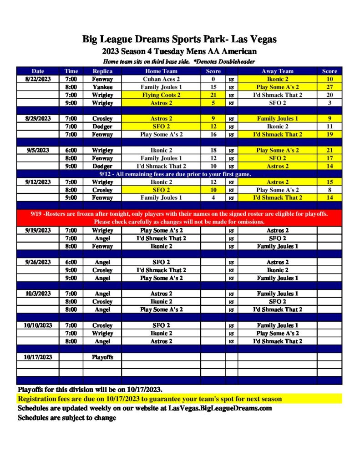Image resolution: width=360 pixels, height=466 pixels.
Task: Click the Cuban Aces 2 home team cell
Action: [161, 79]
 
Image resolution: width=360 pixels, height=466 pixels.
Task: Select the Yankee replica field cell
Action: [102, 87]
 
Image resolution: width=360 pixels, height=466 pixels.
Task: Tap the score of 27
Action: [330, 87]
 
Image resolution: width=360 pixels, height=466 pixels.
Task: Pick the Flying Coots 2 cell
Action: [161, 95]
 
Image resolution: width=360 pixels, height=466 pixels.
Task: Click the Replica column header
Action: [102, 71]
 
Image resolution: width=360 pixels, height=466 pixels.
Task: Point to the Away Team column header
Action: [278, 71]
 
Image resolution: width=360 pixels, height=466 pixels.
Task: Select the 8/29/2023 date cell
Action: [38, 119]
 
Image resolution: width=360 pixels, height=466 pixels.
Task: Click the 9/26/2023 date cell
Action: [38, 262]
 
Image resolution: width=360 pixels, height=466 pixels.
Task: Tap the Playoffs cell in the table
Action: [102, 357]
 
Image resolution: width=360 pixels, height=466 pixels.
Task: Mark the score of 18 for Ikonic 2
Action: [213, 150]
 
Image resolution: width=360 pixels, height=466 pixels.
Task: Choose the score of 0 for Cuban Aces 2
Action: [213, 79]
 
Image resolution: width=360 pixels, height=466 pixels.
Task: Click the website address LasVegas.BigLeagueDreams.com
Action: [220, 408]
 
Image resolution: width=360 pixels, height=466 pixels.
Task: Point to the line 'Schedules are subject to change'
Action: [67, 418]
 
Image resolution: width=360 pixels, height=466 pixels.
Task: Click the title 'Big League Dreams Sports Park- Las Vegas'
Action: [179, 39]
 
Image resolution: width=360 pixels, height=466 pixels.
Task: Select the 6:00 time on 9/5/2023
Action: [71, 150]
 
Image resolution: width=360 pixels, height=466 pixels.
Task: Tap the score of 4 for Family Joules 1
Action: [213, 198]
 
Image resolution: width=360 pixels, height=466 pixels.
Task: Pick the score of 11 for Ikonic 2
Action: [330, 127]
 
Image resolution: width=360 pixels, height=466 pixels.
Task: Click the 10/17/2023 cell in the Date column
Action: [38, 357]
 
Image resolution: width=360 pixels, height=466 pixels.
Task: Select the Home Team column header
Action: [161, 71]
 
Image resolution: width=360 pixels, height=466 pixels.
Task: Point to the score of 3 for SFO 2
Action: [330, 103]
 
